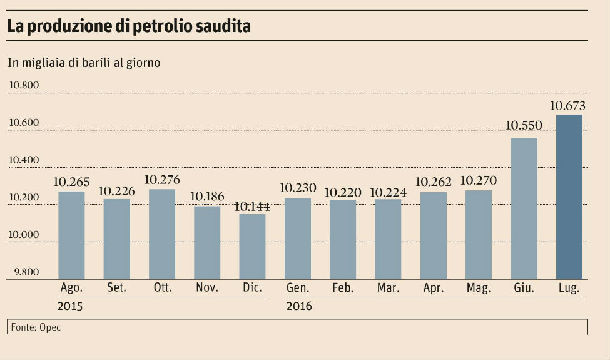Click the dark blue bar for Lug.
[569, 197]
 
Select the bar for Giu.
[524, 208]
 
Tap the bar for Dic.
[252, 246]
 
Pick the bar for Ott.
[161, 234]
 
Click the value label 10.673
[567, 106]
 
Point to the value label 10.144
[252, 206]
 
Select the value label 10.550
[524, 126]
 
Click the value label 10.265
[71, 182]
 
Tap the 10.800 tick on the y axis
[24, 85]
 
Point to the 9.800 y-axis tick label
[24, 272]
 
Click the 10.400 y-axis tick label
[24, 160]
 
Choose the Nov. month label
[206, 288]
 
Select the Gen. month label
[297, 288]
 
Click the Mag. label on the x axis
[479, 288]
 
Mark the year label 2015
[69, 307]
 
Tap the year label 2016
[299, 307]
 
